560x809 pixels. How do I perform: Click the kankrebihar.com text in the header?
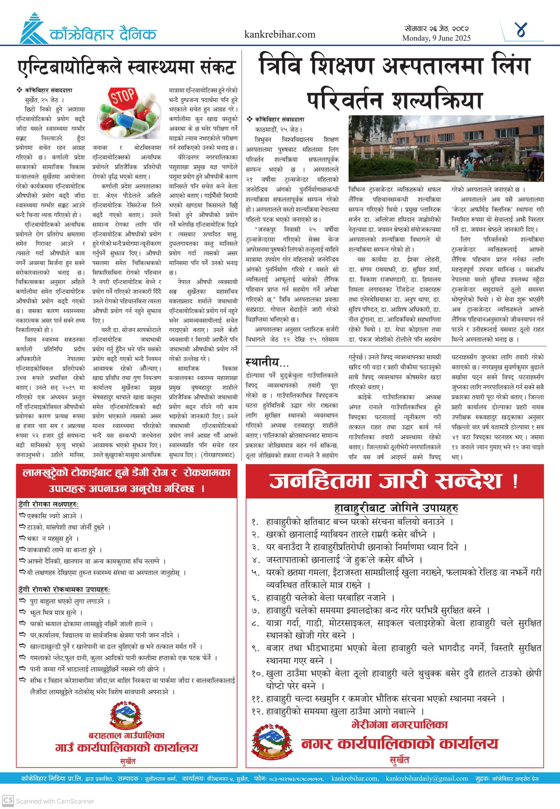pos(280,34)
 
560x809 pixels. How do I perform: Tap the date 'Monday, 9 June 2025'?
pos(436,38)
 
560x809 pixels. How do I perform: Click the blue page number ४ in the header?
pos(522,30)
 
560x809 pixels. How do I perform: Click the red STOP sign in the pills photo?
pos(123,96)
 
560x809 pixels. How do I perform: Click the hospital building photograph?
pos(445,148)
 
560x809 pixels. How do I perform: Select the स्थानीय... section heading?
pos(267,362)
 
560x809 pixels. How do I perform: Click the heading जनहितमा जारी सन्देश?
pos(393,481)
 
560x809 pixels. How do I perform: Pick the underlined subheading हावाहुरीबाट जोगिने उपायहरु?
pos(396,508)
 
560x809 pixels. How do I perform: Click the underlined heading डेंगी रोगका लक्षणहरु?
pos(48,504)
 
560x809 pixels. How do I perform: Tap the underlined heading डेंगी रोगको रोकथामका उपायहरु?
pos(64,589)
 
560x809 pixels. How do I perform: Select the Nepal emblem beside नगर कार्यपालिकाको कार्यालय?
pos(272,741)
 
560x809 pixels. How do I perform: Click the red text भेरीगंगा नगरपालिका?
pos(400,724)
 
